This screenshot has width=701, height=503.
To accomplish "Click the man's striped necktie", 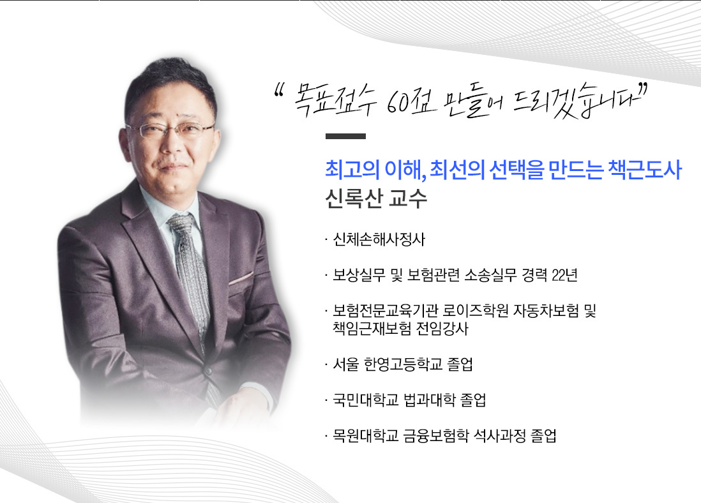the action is point(190,268).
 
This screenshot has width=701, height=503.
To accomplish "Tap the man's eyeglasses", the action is point(170,130).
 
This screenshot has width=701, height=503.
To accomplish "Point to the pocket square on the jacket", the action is point(241,278).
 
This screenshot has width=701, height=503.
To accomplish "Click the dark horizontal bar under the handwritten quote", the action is point(345,137).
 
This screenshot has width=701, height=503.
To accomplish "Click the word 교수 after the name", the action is point(408,199).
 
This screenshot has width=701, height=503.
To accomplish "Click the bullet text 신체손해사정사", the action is point(379,239).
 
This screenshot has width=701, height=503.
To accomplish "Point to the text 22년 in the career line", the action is point(564,275).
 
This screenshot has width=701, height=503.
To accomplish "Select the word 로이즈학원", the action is point(476,311).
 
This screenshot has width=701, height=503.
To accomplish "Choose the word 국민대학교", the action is point(365,400).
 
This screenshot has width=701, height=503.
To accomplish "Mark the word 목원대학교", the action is point(365,435).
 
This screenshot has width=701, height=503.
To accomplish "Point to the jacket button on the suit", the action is point(208,371).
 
